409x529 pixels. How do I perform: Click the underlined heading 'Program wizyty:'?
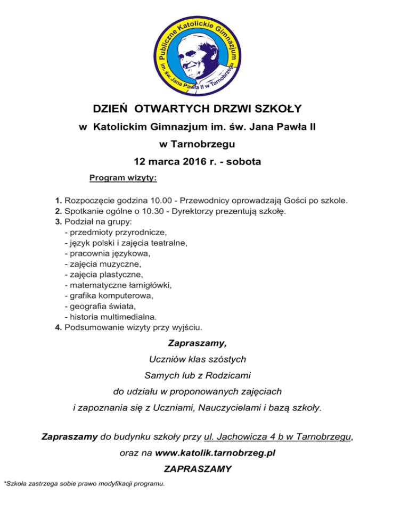pyautogui.click(x=123, y=177)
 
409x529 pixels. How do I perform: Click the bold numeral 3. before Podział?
pyautogui.click(x=59, y=221)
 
